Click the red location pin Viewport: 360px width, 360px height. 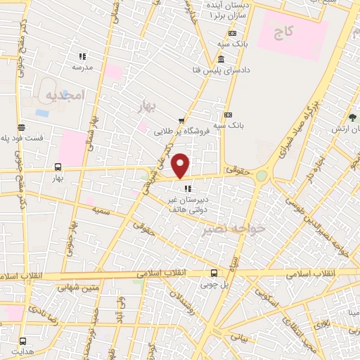coord(181,165)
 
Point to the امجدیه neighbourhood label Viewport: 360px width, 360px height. coord(65,94)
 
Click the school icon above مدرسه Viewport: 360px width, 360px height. coord(82,56)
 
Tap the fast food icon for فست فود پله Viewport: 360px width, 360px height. coord(22,128)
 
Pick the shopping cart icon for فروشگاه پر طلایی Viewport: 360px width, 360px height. coord(181,120)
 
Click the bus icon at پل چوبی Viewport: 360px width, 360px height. coord(214,274)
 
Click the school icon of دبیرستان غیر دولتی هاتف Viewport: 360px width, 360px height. coord(186,188)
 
